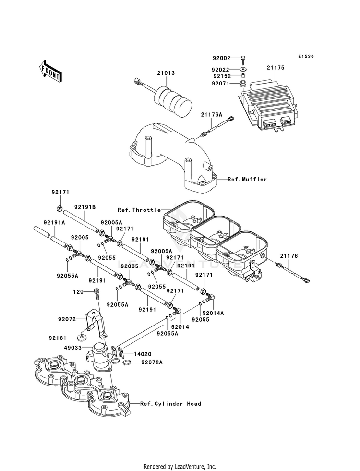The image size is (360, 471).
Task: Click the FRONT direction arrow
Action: [50, 71]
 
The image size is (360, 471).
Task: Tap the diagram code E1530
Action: [305, 57]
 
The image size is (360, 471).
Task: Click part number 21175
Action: [276, 68]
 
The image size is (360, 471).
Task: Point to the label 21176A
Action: [212, 114]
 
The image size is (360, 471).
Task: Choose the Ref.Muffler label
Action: [247, 179]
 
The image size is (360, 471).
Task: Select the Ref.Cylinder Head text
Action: [170, 404]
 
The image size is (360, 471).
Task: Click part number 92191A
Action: [54, 223]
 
